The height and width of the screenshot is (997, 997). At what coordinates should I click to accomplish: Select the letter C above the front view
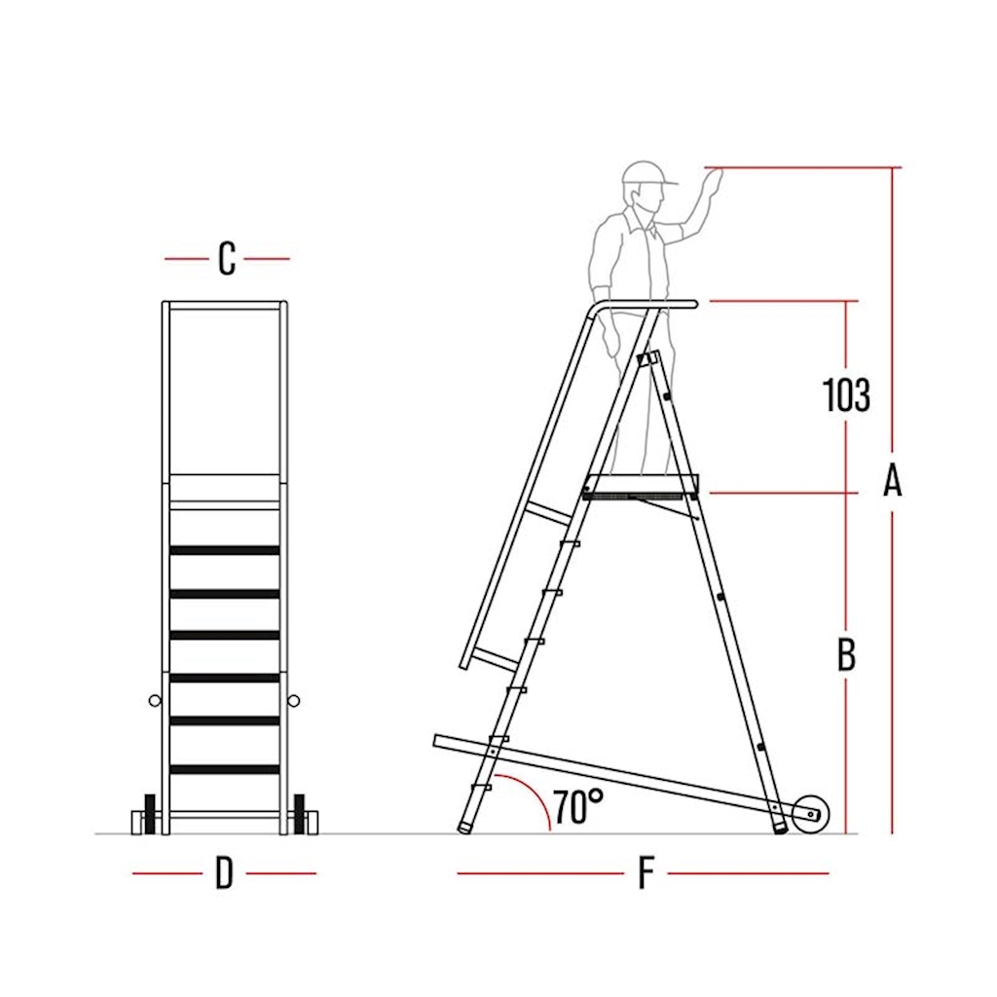[x=227, y=258]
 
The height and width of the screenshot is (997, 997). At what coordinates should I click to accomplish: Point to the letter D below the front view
[x=224, y=873]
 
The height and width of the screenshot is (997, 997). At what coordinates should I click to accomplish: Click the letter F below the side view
[x=646, y=873]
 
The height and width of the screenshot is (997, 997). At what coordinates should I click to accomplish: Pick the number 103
[x=846, y=395]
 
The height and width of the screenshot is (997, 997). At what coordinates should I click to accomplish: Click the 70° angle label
[x=577, y=806]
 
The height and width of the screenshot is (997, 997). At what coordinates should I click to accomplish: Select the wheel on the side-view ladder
[x=811, y=813]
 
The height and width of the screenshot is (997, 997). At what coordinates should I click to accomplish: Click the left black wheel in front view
[x=150, y=814]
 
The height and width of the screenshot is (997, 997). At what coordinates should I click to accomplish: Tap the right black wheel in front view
[x=299, y=814]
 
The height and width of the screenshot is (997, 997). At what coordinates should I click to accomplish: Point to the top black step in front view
[x=225, y=550]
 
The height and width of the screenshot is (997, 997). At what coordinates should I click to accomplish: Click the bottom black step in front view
[x=225, y=769]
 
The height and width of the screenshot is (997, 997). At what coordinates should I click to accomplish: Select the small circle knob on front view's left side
[x=155, y=701]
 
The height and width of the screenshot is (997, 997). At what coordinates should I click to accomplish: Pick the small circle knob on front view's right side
[x=293, y=701]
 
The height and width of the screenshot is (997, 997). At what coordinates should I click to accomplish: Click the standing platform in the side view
[x=641, y=486]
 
